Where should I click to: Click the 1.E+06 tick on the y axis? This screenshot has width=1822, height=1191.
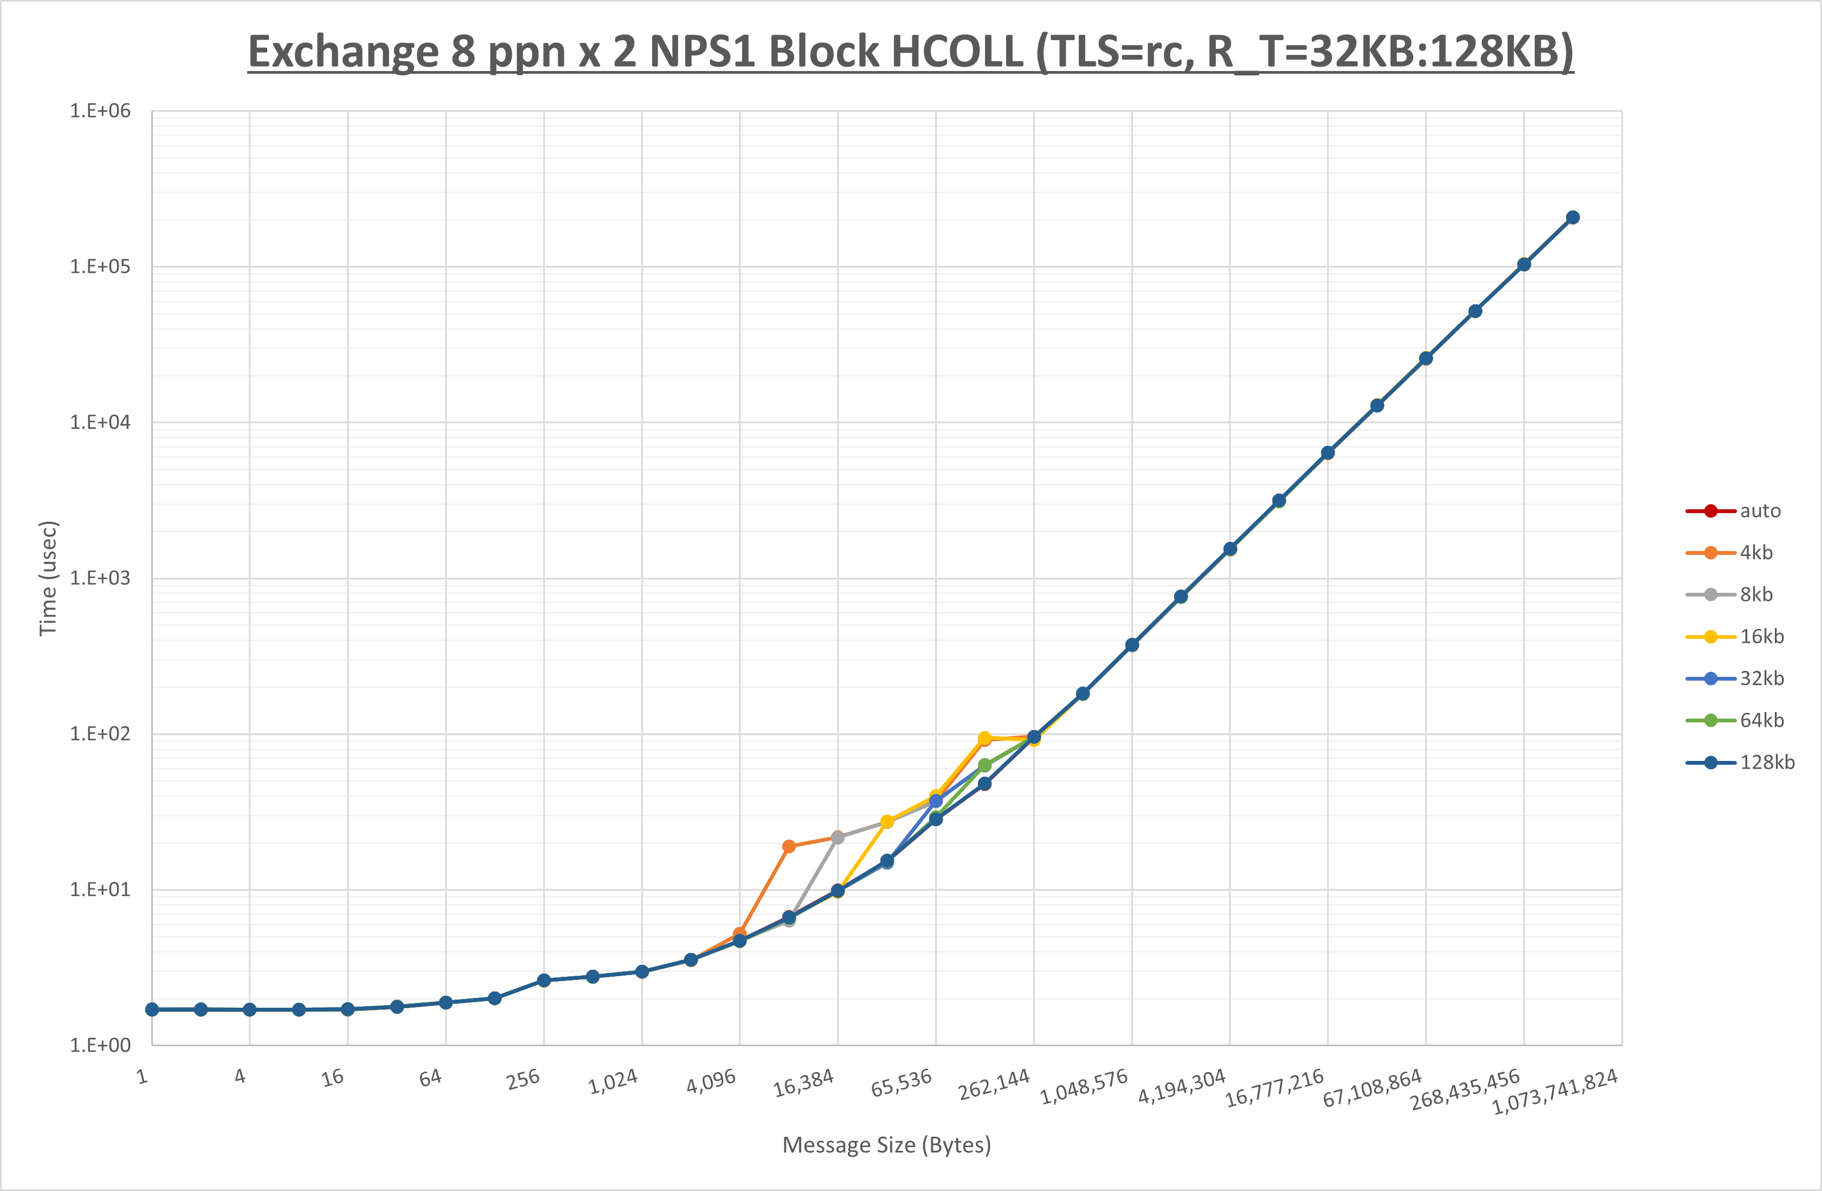pyautogui.click(x=100, y=111)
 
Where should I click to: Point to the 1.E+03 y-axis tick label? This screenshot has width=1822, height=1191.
pyautogui.click(x=100, y=578)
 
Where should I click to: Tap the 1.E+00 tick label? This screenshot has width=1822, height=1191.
pyautogui.click(x=100, y=1046)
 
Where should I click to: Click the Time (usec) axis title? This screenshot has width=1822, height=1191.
pyautogui.click(x=48, y=578)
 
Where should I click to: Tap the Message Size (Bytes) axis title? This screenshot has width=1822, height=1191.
pyautogui.click(x=886, y=1145)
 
